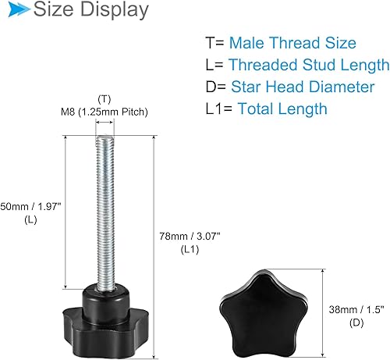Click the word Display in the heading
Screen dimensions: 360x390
point(112,11)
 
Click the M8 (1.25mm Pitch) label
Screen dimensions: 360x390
point(105,112)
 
